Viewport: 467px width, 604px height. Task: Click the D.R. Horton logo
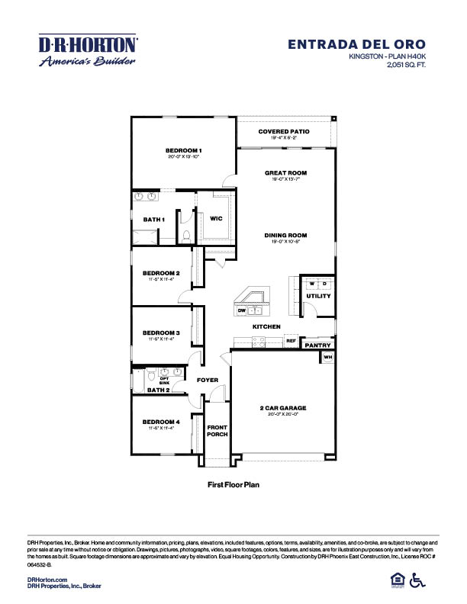coord(88,50)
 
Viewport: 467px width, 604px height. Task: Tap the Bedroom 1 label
coord(183,150)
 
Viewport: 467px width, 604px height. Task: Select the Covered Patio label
coord(284,131)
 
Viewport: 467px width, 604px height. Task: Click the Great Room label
coord(285,173)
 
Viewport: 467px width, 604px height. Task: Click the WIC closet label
coord(216,218)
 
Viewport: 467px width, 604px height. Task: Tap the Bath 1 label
coord(154,220)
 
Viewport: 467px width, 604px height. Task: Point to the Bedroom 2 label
coord(161,272)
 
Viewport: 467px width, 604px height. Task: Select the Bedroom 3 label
coord(161,333)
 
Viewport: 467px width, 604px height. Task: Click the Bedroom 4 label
coord(161,422)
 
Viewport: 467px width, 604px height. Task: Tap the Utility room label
coord(317,296)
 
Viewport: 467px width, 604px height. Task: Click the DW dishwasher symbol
coord(241,310)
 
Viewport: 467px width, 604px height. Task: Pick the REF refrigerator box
coord(291,341)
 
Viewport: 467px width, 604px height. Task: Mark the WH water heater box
coord(328,357)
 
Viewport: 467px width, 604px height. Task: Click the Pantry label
coord(317,345)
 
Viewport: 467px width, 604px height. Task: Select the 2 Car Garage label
coord(283,408)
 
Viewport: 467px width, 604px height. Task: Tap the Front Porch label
coord(217,431)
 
